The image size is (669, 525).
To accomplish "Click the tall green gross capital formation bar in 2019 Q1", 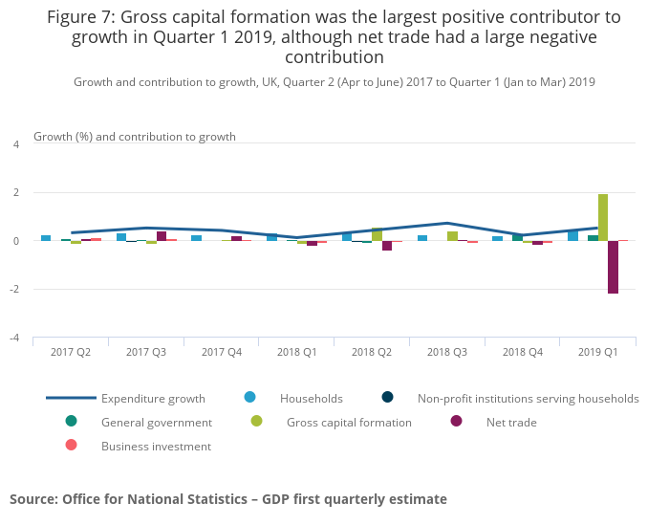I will click(603, 217).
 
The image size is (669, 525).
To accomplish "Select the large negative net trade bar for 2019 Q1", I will click(613, 267).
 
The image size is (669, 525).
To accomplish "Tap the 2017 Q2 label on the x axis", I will click(71, 353).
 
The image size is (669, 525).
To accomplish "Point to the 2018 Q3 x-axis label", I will click(446, 353).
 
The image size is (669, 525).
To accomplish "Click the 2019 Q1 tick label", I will click(597, 353).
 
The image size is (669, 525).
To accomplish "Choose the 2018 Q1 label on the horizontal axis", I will click(296, 353).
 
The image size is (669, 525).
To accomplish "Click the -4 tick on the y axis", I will click(14, 338).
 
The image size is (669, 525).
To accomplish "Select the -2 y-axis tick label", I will click(14, 289).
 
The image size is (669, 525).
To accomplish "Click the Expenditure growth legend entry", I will click(153, 399).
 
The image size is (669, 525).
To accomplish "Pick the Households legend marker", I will click(250, 398).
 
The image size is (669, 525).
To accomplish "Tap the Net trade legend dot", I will click(456, 422).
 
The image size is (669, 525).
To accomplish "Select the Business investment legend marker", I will click(71, 446).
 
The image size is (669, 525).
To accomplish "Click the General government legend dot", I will click(71, 422).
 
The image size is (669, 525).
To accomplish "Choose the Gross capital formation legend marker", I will click(256, 422).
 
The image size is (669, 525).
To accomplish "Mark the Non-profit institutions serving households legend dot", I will click(387, 398).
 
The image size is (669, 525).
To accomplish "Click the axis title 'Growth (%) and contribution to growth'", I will click(135, 137).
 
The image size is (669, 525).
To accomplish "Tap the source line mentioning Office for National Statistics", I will click(228, 499).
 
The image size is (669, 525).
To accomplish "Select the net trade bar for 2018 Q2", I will click(387, 246).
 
